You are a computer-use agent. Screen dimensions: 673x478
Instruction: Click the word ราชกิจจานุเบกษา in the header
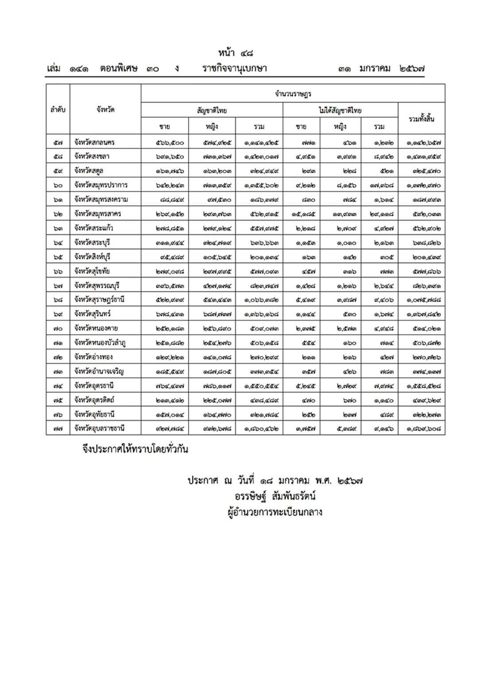234,69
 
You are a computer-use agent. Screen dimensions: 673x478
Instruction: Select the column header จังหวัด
105,110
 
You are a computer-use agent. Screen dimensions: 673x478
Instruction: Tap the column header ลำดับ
58,110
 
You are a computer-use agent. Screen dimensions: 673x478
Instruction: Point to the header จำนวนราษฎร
293,94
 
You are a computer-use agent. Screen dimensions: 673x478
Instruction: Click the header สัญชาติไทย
212,110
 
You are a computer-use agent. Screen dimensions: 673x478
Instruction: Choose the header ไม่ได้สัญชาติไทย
340,110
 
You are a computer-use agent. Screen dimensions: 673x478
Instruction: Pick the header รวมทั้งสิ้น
421,118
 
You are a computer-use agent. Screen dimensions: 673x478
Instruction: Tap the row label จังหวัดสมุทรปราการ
101,185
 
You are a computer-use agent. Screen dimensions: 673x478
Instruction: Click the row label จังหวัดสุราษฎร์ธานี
99,300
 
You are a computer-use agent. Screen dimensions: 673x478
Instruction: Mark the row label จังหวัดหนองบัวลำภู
100,343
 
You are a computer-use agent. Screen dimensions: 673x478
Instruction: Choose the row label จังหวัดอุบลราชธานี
99,428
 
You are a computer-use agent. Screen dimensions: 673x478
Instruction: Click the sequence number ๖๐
58,185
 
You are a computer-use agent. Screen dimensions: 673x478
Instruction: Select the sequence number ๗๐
58,329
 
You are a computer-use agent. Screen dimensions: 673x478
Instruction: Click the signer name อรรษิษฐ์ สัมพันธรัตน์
275,496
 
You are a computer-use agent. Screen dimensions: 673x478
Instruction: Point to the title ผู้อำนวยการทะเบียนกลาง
274,513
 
